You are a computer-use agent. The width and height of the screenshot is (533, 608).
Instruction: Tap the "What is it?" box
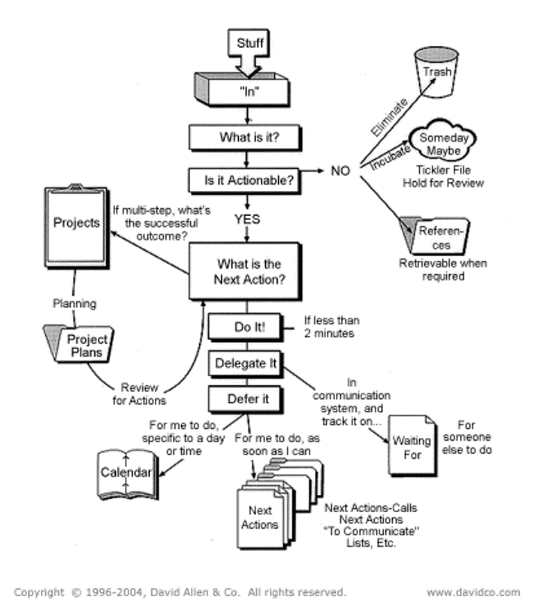(248, 137)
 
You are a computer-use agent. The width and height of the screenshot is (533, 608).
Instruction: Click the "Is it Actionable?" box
(248, 180)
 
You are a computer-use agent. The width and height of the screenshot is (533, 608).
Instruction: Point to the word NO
(340, 170)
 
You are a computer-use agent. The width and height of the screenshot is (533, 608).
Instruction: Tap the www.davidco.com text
(473, 592)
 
